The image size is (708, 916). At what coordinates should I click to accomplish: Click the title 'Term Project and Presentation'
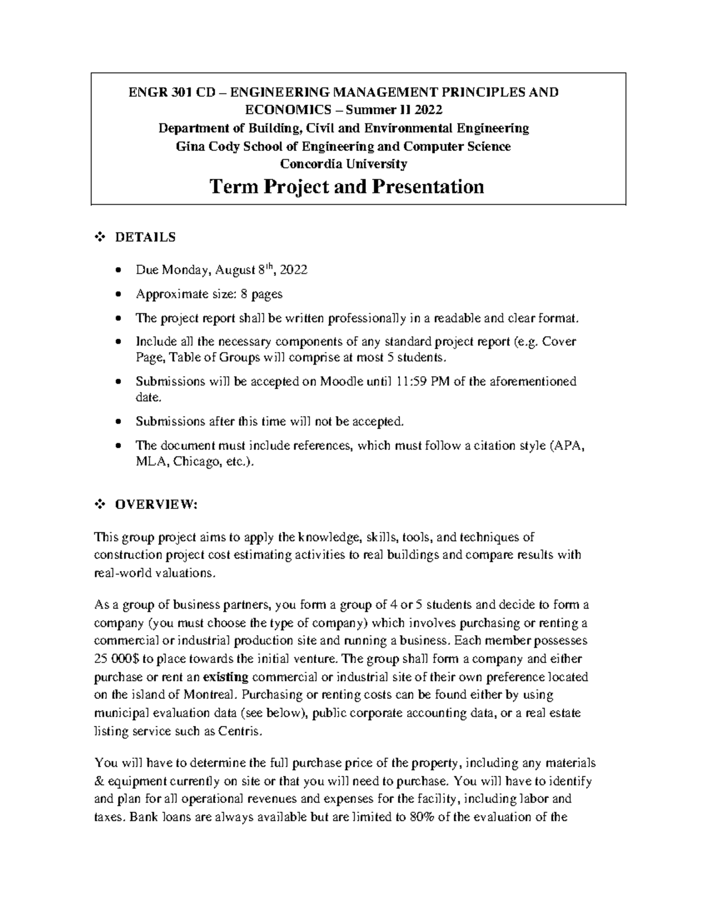[x=347, y=188]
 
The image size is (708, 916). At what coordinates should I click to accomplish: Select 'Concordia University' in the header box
[x=343, y=163]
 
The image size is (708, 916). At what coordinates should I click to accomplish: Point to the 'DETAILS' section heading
[x=145, y=238]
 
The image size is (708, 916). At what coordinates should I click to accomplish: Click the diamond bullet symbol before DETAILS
[x=99, y=238]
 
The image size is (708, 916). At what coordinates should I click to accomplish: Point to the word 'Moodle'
[x=338, y=382]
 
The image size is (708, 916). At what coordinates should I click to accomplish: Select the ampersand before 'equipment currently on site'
[x=99, y=782]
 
